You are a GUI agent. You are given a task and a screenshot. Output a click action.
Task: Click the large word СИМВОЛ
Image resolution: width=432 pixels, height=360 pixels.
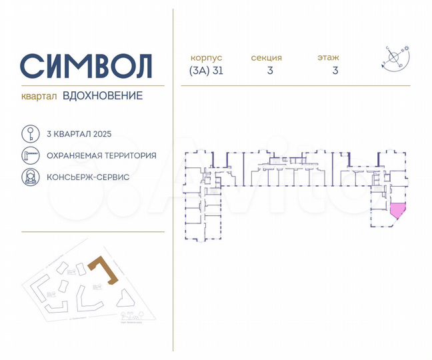tap(87, 66)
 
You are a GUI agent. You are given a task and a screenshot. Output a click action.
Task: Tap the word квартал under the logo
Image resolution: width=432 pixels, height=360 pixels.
tap(39, 96)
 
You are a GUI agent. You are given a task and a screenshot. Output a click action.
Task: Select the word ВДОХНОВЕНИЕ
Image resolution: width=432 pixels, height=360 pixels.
tap(103, 96)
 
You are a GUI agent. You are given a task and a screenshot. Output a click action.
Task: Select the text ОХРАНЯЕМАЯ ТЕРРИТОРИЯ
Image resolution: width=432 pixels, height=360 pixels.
tap(101, 156)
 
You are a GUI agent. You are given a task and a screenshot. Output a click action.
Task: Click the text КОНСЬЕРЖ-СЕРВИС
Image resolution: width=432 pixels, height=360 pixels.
tap(88, 178)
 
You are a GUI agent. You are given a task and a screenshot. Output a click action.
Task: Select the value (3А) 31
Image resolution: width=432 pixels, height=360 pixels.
tap(206, 71)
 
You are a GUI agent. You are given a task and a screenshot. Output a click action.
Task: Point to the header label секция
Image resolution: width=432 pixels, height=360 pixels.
tap(267, 58)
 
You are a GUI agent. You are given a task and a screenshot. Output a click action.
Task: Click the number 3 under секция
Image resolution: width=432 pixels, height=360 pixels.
tap(270, 71)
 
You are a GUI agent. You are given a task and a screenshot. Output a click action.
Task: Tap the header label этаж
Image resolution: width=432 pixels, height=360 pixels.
tap(329, 58)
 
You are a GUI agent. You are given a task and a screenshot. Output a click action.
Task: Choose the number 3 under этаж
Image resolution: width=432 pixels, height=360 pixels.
tap(335, 71)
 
